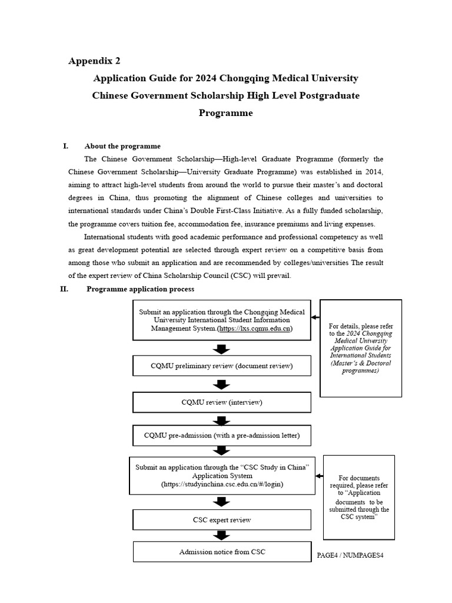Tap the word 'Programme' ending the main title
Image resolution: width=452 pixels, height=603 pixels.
click(x=225, y=112)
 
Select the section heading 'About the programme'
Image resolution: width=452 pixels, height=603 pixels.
click(x=122, y=146)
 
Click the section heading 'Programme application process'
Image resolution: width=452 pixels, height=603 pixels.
click(x=140, y=289)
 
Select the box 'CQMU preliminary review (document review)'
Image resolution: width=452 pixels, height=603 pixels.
click(x=221, y=367)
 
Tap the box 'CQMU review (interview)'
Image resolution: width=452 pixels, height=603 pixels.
click(x=221, y=402)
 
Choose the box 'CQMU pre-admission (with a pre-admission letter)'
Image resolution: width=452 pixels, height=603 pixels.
click(x=221, y=436)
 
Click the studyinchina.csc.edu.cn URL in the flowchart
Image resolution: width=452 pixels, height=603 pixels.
click(x=222, y=484)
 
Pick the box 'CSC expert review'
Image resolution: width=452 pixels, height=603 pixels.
click(x=221, y=520)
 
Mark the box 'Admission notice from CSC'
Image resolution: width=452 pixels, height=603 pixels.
click(x=221, y=552)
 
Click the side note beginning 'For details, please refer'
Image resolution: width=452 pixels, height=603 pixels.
click(x=360, y=349)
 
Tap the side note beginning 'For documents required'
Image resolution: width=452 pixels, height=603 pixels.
click(x=359, y=497)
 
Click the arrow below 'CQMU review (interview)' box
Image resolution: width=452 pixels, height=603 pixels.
click(x=221, y=419)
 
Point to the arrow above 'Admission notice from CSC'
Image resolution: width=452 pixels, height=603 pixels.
click(x=221, y=536)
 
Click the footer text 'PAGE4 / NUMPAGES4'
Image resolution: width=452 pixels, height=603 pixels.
click(x=350, y=555)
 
